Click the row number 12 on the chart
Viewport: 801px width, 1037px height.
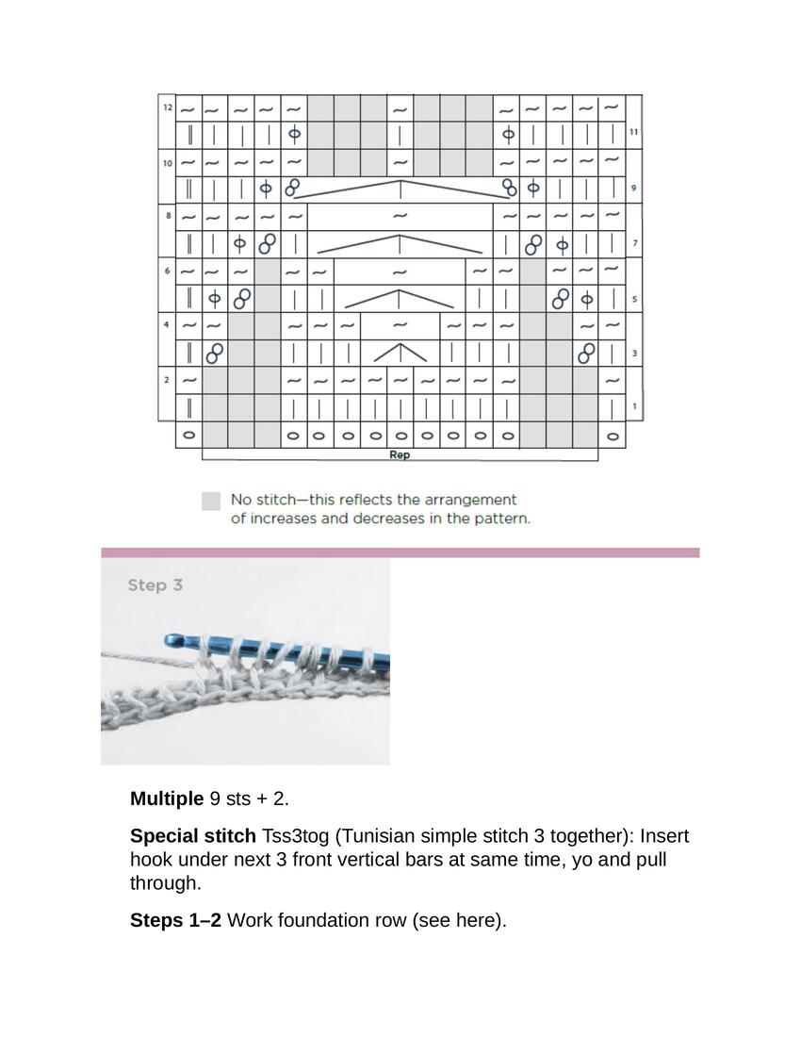coord(166,108)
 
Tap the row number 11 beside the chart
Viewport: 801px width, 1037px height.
coord(633,134)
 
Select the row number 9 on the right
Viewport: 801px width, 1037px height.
coord(633,189)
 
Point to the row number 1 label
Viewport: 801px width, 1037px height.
coord(633,406)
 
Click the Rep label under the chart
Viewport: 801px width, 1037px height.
coord(400,454)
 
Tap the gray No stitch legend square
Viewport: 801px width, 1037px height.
coord(211,501)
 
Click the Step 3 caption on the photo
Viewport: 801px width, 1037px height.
coord(155,585)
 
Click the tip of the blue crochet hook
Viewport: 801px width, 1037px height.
coord(171,640)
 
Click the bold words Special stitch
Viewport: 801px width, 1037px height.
coord(192,836)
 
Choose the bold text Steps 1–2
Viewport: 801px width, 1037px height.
coord(175,920)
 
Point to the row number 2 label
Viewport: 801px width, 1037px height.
coord(166,380)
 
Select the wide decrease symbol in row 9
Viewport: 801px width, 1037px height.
coord(400,189)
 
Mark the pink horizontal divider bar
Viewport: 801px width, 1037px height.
coord(400,552)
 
